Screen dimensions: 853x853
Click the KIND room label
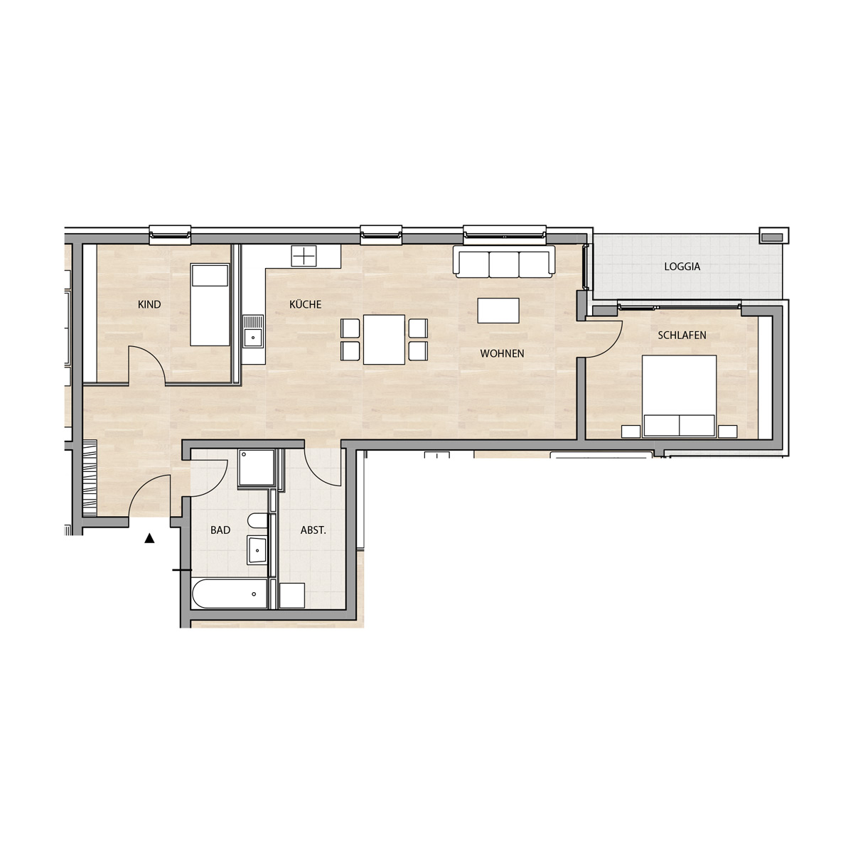(x=149, y=304)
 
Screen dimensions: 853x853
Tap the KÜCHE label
(x=305, y=304)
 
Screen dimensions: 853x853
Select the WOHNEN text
(x=502, y=353)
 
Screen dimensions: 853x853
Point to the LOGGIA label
(x=682, y=267)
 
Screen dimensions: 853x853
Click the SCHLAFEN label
(x=682, y=335)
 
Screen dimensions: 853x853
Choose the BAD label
(x=220, y=530)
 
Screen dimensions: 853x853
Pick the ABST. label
(x=313, y=530)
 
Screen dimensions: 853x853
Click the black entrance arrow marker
(x=149, y=538)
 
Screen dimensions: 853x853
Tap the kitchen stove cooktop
(x=304, y=257)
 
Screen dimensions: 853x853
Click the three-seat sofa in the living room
(x=503, y=264)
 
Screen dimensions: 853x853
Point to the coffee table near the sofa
(x=498, y=311)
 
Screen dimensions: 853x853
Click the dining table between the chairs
(x=384, y=340)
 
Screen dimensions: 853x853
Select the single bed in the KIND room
(x=210, y=305)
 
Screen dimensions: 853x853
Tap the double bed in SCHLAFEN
(x=679, y=396)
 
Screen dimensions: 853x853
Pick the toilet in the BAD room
(x=257, y=520)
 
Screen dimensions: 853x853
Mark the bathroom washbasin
(x=257, y=549)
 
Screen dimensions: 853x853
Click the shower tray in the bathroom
(x=257, y=468)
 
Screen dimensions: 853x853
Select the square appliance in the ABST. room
(x=292, y=596)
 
